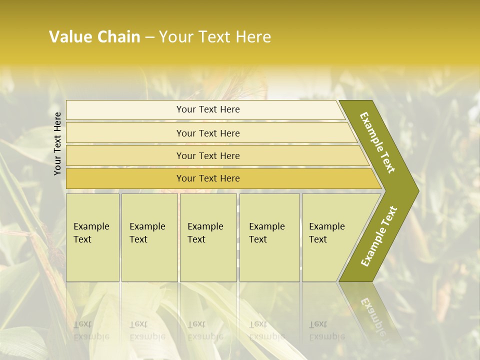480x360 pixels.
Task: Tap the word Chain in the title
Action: tap(119, 37)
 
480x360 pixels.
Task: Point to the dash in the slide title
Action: tap(149, 37)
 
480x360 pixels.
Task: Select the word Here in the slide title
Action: tap(253, 37)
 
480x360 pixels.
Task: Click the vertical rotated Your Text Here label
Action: tap(57, 143)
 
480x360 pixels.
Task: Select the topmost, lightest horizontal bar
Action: tap(207, 109)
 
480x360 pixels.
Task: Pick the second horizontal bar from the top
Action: tap(207, 133)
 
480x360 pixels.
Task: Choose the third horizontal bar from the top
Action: tap(207, 155)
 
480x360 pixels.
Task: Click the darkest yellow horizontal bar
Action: tap(207, 178)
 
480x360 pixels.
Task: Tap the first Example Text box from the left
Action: tap(92, 237)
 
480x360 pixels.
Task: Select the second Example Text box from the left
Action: tap(149, 237)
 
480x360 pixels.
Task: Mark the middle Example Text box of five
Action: tap(208, 237)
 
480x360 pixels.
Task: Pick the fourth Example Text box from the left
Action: tap(269, 237)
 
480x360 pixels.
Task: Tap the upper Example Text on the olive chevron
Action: tap(377, 142)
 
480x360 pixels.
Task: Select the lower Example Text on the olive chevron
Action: tap(378, 236)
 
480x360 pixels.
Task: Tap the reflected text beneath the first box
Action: tap(91, 330)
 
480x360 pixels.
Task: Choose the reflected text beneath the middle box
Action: tap(205, 330)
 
